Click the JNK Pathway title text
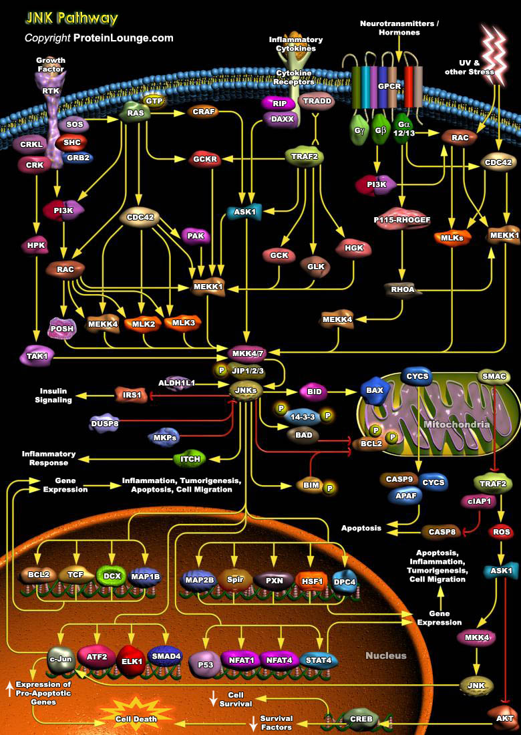pyautogui.click(x=71, y=18)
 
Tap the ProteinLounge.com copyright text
pyautogui.click(x=99, y=38)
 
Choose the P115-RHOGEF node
pyautogui.click(x=401, y=219)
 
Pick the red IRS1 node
pyautogui.click(x=132, y=395)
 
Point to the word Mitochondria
pyautogui.click(x=457, y=425)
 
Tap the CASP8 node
pyautogui.click(x=440, y=532)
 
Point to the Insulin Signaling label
pyautogui.click(x=53, y=396)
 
